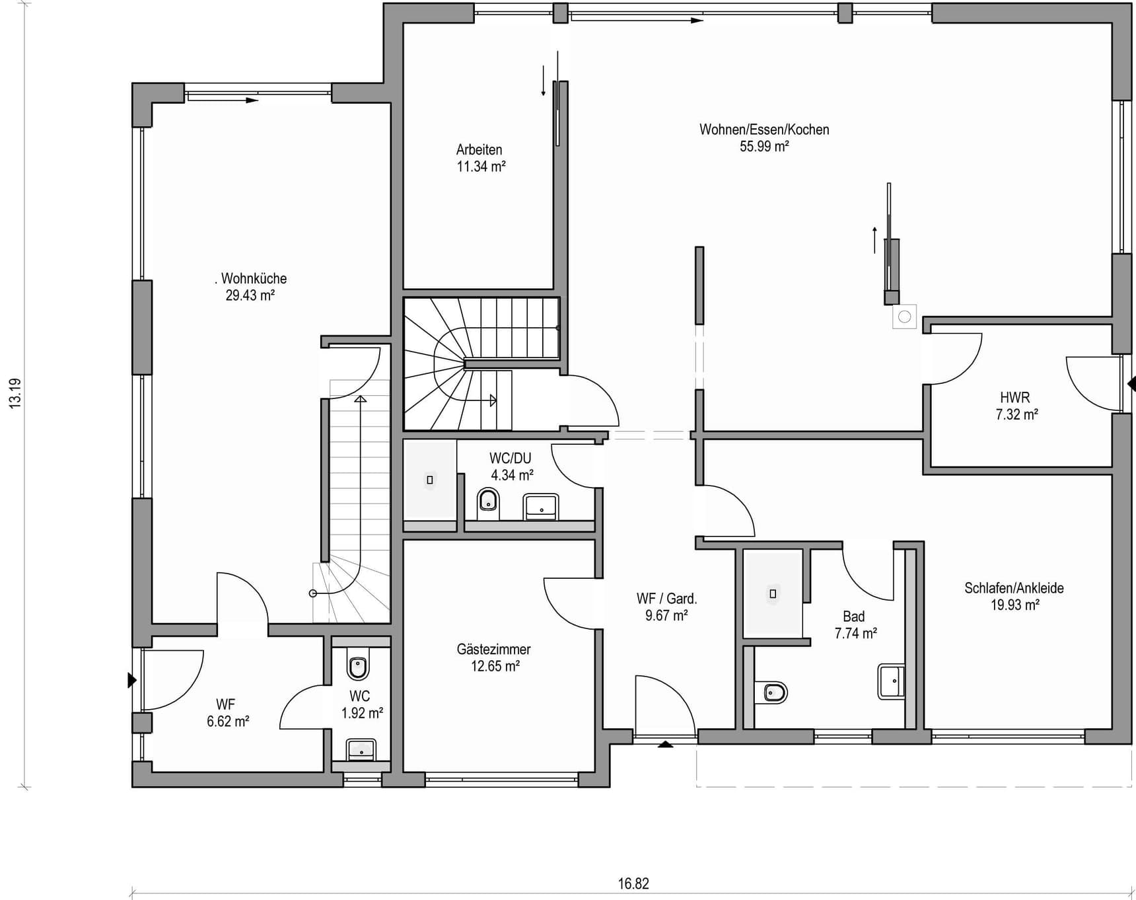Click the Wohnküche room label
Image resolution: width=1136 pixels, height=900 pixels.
coord(254,278)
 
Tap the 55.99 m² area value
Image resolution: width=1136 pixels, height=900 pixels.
coord(764,147)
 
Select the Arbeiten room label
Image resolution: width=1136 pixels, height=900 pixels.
coord(479,150)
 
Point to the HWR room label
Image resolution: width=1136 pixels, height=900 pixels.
coord(1015,398)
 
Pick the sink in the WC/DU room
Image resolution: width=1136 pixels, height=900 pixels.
coord(541,507)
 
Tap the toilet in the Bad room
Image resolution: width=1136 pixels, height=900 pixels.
coord(771,693)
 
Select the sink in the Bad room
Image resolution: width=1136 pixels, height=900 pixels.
coord(891,681)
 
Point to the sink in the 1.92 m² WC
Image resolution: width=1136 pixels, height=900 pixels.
coord(361,750)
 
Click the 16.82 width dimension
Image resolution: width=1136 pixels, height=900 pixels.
coord(633,883)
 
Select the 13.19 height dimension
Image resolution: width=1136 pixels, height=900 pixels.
coord(15,393)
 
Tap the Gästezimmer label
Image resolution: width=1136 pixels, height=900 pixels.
coord(493,650)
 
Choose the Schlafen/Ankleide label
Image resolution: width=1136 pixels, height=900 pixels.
coord(1014,588)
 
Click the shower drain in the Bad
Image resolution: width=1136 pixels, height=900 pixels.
coord(773,593)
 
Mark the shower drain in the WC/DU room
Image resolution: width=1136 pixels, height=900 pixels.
coord(430,480)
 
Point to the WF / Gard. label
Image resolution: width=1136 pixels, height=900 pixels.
coord(666,599)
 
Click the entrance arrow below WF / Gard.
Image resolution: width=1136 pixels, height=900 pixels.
coord(665,744)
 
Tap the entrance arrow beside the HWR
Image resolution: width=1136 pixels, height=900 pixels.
coord(1131,383)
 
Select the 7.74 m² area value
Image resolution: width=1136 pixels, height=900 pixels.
coord(855,634)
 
